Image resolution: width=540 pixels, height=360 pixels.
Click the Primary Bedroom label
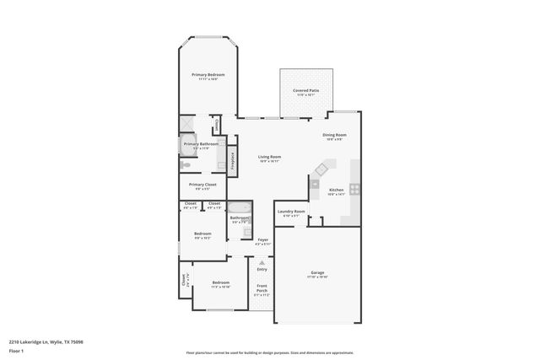click(208, 75)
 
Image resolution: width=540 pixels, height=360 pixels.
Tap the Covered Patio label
click(305, 89)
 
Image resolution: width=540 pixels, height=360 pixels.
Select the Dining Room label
click(334, 135)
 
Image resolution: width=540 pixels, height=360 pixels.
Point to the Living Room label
click(269, 157)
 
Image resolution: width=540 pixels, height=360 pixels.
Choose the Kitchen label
click(336, 190)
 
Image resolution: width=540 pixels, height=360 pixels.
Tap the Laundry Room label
click(290, 212)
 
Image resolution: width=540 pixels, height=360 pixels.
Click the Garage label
click(317, 273)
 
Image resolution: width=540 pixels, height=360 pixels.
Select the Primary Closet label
click(202, 185)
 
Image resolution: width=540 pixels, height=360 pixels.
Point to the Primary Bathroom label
click(202, 144)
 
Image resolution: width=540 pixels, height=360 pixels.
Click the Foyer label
click(262, 240)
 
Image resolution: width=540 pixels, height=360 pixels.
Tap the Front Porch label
click(262, 292)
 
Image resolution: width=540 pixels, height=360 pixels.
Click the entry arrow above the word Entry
click(262, 263)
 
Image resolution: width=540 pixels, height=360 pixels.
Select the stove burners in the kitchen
click(356, 189)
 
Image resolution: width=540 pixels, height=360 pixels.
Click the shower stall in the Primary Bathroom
click(187, 124)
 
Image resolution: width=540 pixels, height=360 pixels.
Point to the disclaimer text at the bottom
click(269, 353)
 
